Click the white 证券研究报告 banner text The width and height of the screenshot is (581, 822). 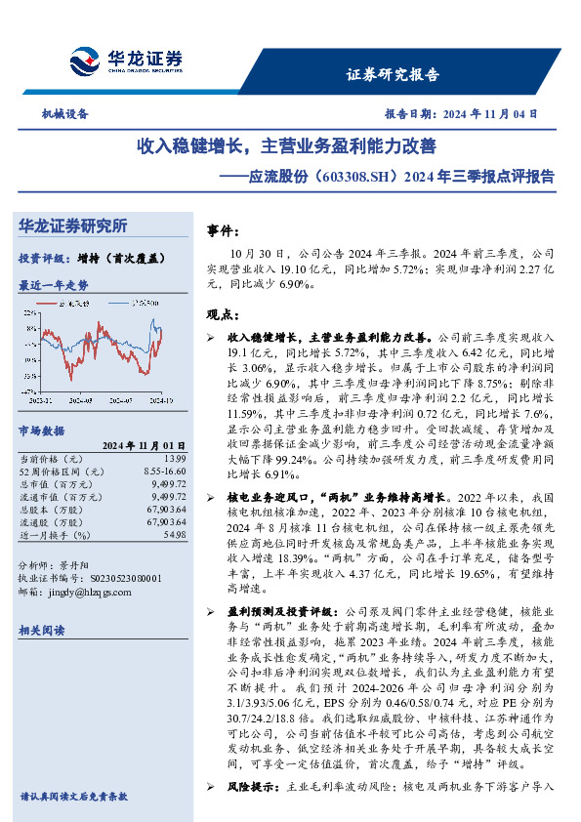click(x=393, y=75)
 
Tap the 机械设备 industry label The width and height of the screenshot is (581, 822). click(x=64, y=113)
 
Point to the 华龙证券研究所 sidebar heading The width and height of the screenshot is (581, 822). click(x=73, y=226)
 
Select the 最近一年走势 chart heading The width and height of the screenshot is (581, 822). click(x=53, y=286)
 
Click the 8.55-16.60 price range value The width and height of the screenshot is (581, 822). click(x=163, y=471)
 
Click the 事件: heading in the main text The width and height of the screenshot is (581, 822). click(x=224, y=231)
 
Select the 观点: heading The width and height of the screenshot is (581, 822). click(x=224, y=314)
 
